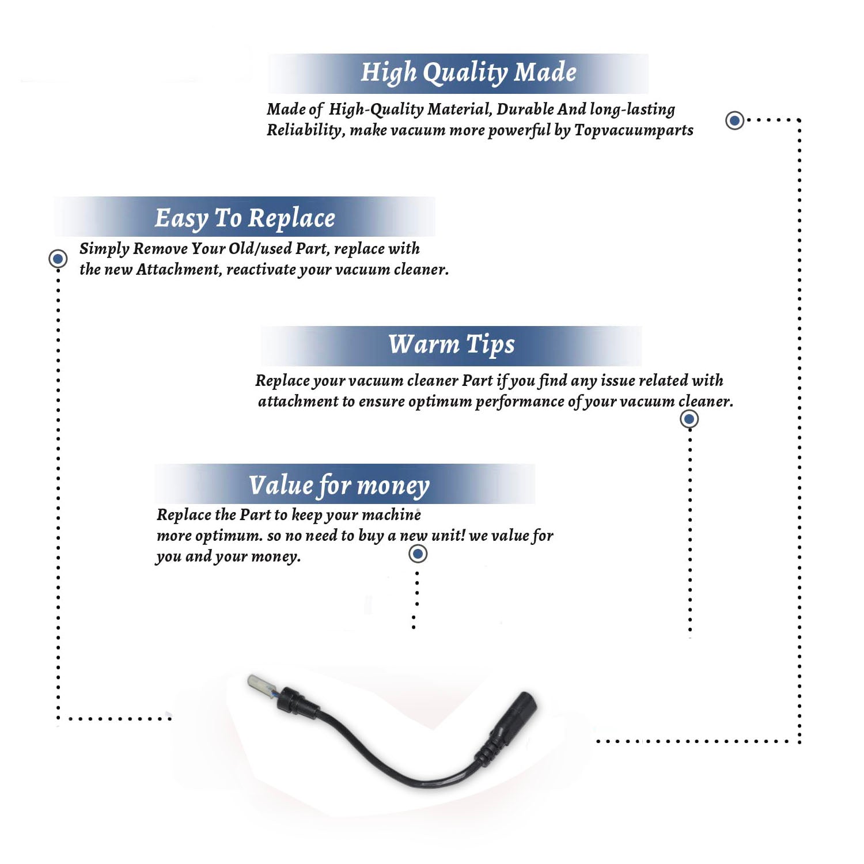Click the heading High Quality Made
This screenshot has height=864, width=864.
tap(468, 73)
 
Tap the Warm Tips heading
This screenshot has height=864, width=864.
tap(452, 345)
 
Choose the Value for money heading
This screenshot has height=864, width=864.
tap(339, 486)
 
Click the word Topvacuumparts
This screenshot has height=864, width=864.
tap(634, 131)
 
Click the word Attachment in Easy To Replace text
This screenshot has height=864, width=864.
tap(179, 270)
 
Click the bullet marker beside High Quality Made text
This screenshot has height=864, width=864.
tap(734, 120)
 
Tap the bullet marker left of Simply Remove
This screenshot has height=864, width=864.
tap(58, 259)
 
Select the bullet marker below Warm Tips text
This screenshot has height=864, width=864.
tap(689, 419)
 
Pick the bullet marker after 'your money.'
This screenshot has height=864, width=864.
tap(418, 554)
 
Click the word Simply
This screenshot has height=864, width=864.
tap(104, 249)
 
